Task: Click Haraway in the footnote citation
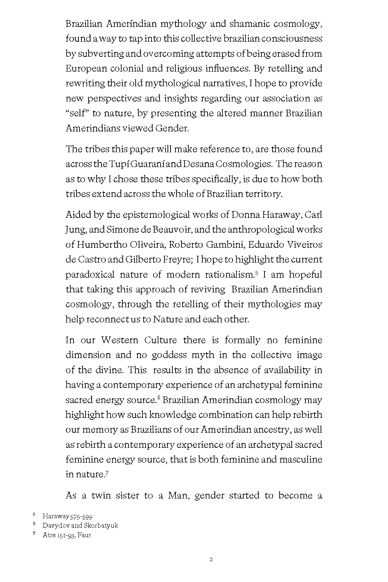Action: (55, 516)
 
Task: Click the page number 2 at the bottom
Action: (211, 560)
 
